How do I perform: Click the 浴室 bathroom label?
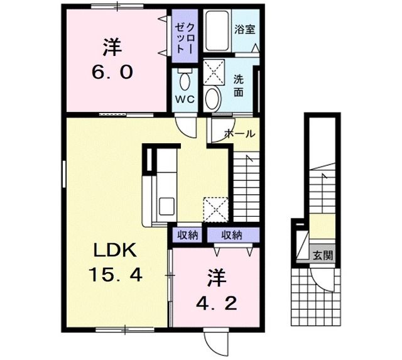(244, 29)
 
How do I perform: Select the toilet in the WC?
(186, 80)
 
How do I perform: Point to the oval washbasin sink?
(214, 98)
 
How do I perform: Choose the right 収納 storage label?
(231, 235)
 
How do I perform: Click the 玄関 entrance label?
(323, 255)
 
